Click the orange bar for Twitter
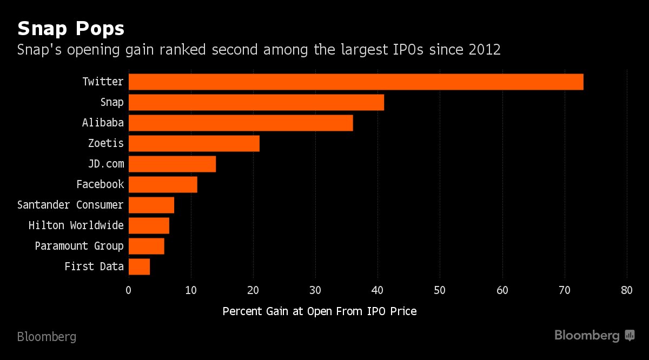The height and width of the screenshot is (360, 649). coord(356,82)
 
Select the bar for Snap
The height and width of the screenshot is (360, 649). coord(256,102)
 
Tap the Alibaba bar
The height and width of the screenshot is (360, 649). coord(241,123)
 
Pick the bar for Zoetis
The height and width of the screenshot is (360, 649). coord(194,143)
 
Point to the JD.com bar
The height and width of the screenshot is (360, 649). coord(172,164)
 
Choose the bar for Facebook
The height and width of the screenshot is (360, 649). coord(163,184)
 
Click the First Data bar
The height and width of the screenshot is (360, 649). coord(139,266)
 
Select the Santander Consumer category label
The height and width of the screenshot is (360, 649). coord(70,205)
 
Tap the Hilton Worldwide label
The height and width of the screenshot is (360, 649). coord(76,225)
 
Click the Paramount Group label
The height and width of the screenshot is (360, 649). coord(80,246)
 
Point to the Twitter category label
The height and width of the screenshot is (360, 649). coord(103,82)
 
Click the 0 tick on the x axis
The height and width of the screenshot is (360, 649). coord(128,290)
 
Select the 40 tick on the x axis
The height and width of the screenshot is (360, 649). coord(378,290)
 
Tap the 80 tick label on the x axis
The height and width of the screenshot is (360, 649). coord(627,290)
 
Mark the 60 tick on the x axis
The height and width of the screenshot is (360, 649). coord(502,290)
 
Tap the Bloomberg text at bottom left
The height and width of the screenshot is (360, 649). coord(47,337)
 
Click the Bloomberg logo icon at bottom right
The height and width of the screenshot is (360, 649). coord(630,336)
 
